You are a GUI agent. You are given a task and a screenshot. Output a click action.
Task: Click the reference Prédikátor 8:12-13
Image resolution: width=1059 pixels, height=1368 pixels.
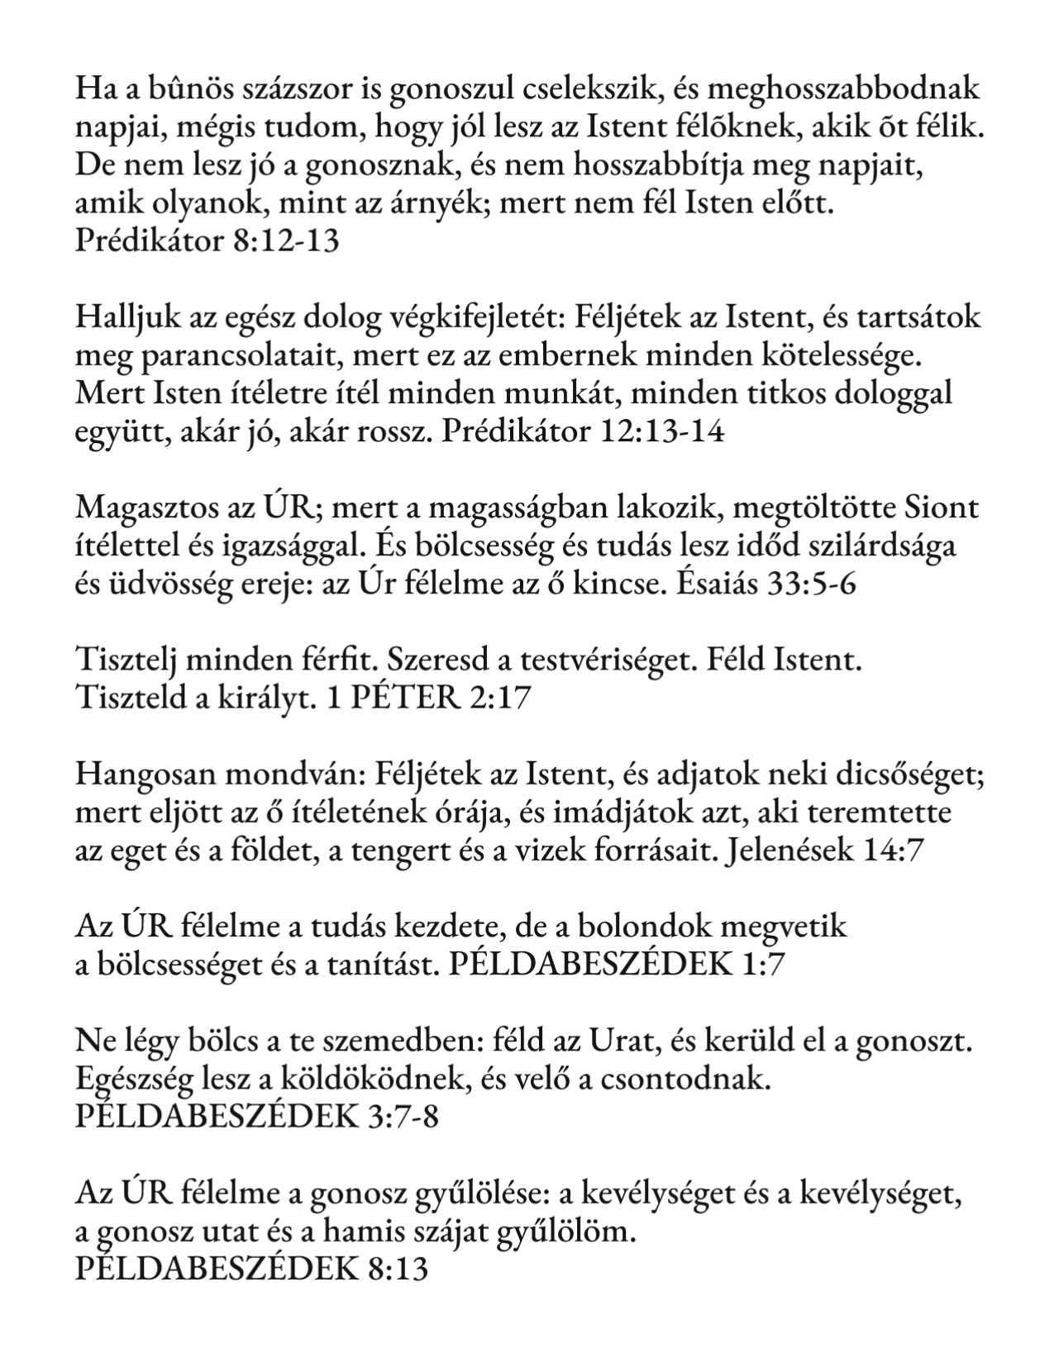(207, 241)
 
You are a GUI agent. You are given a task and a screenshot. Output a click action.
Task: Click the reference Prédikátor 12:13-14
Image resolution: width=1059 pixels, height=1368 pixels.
(583, 431)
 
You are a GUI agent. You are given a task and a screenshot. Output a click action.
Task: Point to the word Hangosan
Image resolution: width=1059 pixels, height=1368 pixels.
(141, 775)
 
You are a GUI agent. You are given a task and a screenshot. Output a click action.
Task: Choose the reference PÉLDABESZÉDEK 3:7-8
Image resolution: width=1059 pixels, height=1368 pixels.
(256, 1118)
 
